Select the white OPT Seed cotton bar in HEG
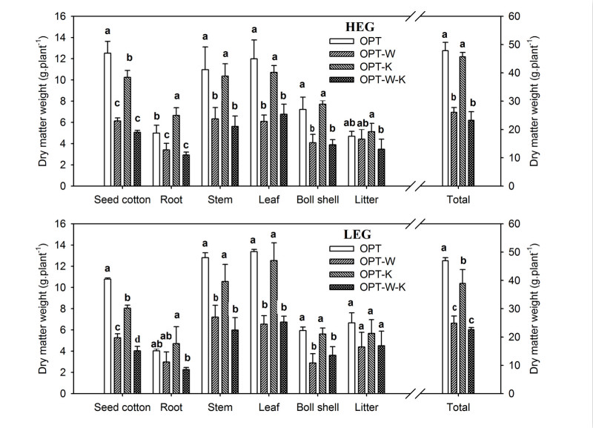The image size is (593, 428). [x=107, y=119]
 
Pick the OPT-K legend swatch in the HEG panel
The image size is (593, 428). [x=343, y=65]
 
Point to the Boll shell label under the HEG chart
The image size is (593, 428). [x=318, y=200]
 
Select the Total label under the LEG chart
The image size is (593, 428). [x=458, y=407]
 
